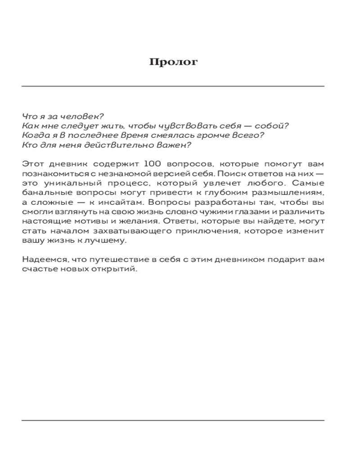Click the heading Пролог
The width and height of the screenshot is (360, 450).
point(173,62)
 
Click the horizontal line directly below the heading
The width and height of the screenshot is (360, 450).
point(173,86)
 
